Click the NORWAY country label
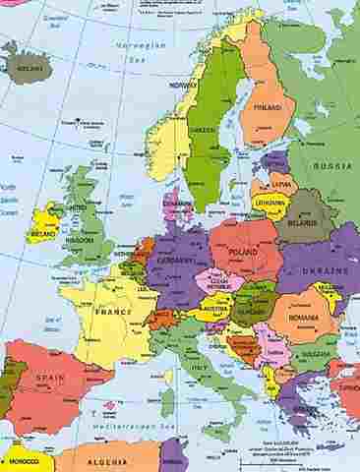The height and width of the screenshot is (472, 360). click(x=184, y=86)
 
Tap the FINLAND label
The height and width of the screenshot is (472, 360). click(x=267, y=107)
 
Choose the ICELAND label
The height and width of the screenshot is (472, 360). click(x=30, y=68)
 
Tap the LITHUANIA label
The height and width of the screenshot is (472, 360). click(x=270, y=201)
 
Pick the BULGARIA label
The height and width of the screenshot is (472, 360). click(x=314, y=354)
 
